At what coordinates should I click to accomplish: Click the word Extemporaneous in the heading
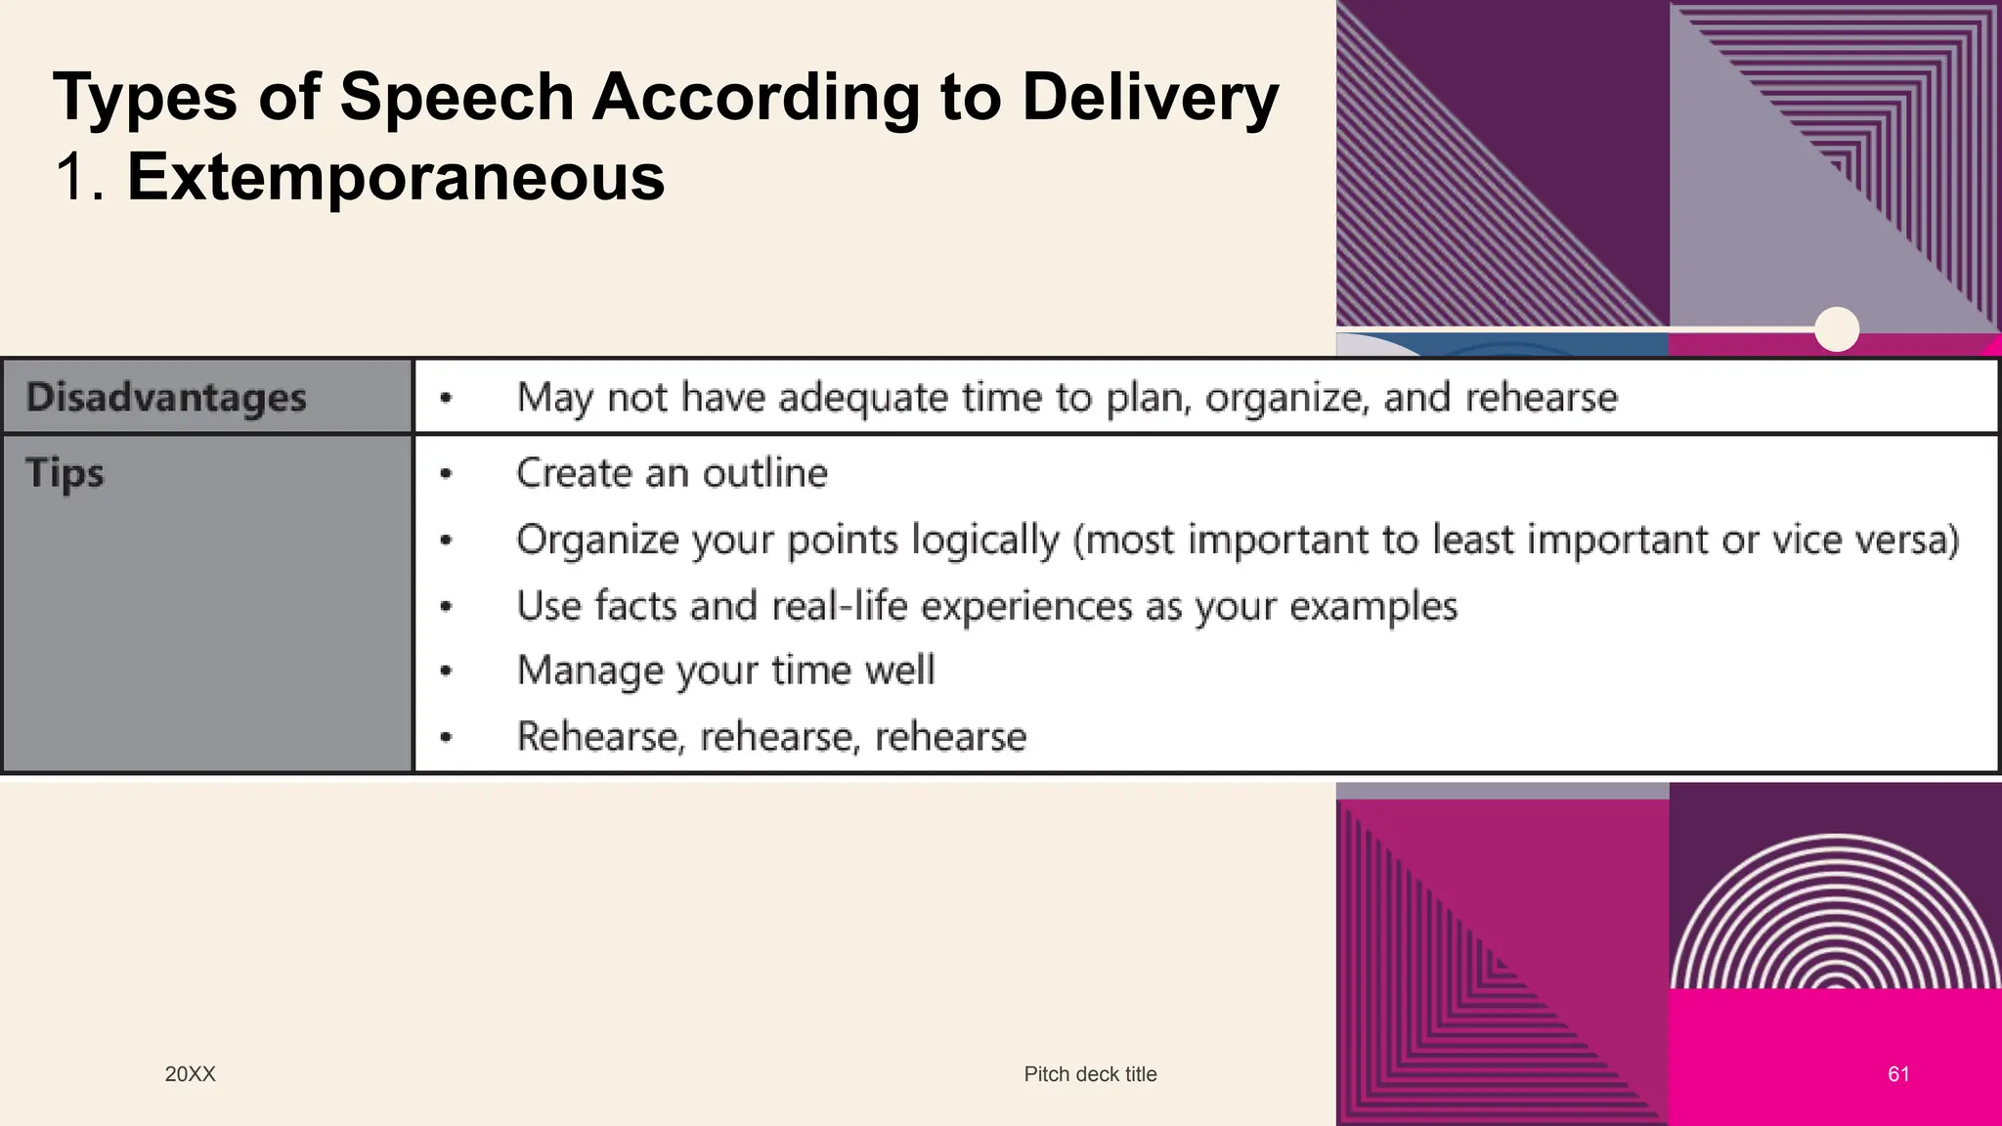tap(396, 177)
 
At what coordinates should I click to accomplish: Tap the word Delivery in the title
tap(1150, 98)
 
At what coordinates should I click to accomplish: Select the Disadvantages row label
tap(166, 397)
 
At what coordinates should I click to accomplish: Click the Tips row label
tap(65, 473)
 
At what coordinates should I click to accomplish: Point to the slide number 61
tap(1898, 1074)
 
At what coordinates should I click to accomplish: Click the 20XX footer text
tap(190, 1074)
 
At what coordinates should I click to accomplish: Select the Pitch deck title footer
tap(1090, 1074)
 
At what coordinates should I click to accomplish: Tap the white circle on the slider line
tap(1837, 329)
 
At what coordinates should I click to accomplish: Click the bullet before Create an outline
tap(446, 474)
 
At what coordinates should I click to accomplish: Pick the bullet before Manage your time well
tap(446, 671)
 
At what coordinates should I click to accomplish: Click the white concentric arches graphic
tap(1835, 914)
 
